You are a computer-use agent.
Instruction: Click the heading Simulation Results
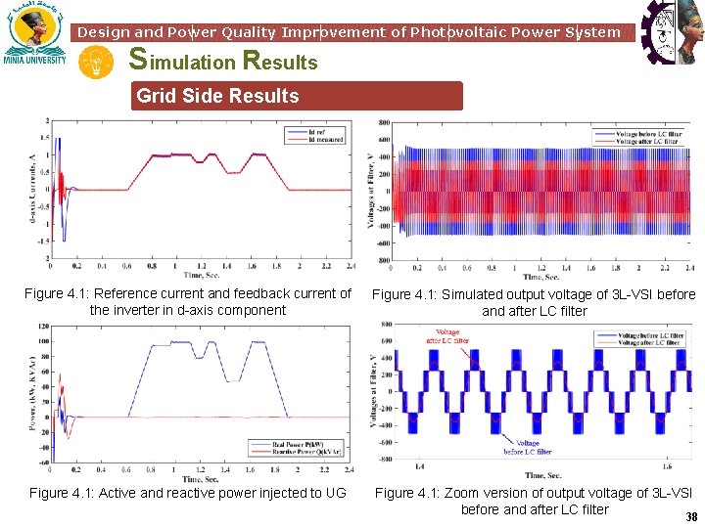(x=224, y=62)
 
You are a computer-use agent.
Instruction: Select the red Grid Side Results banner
(x=298, y=96)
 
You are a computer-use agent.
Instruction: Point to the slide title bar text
(x=349, y=32)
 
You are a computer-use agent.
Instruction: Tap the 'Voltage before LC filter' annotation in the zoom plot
(x=528, y=447)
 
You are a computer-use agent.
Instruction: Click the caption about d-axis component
(x=188, y=301)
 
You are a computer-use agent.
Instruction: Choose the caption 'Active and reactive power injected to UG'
(x=188, y=493)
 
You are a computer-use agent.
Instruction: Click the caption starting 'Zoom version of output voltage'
(x=535, y=501)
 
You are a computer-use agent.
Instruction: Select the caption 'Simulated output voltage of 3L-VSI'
(x=535, y=302)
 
